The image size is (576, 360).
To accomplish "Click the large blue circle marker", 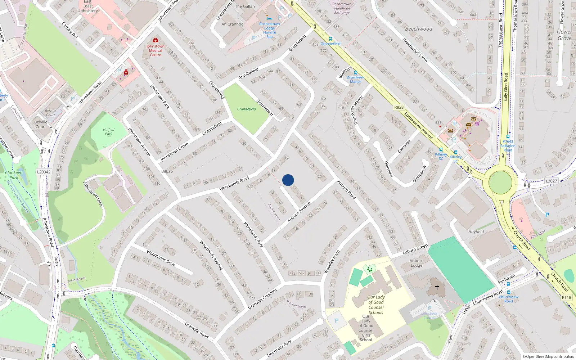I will tap(288, 180).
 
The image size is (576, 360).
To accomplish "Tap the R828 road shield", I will tap(399, 107).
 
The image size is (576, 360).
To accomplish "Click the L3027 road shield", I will tap(551, 181).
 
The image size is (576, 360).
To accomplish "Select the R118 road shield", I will tap(566, 297).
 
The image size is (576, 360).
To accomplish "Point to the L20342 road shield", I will tap(44, 172).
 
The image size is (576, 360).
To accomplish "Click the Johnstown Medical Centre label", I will tap(155, 50).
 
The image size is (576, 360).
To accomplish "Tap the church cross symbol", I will tap(437, 287).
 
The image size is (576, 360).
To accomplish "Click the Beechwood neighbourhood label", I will tap(419, 29).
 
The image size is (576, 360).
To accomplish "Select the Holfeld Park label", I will tap(108, 132).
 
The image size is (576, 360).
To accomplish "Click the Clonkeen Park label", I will tap(14, 175).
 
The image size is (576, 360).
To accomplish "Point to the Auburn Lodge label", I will tap(417, 263).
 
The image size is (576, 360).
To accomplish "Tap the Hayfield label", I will tap(476, 232).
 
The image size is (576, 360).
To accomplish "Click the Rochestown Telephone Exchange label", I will tap(342, 8).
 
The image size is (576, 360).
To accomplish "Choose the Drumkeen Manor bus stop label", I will tap(355, 80).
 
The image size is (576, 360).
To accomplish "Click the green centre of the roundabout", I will tap(500, 182).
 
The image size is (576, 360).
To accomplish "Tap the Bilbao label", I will tap(167, 171).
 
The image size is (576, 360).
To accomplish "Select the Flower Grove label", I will tap(564, 35).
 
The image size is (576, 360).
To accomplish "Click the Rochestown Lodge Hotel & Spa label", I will tap(269, 30).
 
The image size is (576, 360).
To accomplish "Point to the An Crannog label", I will tap(232, 24).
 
